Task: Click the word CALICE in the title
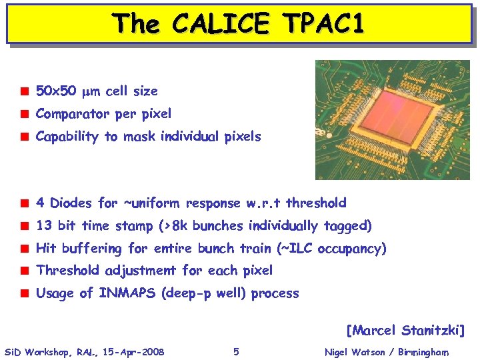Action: click(219, 24)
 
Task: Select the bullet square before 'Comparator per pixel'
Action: click(24, 114)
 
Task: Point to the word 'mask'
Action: click(137, 137)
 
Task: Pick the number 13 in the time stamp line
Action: click(44, 225)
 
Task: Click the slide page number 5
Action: click(236, 351)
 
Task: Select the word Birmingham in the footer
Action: click(424, 352)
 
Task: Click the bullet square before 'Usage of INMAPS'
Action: click(24, 293)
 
